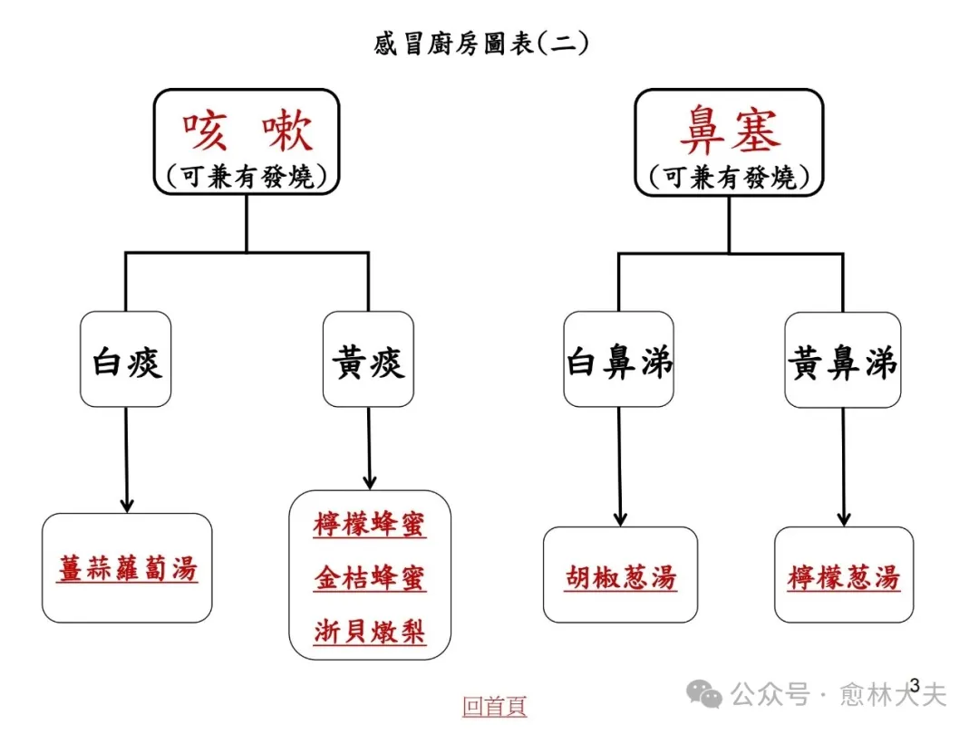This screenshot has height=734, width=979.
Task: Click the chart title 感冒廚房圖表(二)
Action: click(x=481, y=43)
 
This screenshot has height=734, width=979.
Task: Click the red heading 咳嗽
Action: click(x=247, y=132)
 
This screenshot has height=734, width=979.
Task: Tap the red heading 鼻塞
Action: click(x=729, y=132)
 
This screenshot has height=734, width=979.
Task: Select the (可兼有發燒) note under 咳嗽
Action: click(x=247, y=177)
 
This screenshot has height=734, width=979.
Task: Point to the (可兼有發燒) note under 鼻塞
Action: click(x=729, y=177)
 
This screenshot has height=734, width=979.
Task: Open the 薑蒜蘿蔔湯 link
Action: click(x=127, y=569)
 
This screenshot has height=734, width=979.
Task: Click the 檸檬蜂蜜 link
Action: click(x=370, y=526)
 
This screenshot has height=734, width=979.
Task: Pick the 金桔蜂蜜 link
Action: click(x=370, y=578)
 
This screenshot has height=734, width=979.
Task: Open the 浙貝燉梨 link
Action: click(x=370, y=631)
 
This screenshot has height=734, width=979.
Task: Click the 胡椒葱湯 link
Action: click(x=621, y=577)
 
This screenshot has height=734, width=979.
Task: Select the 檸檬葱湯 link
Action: click(x=844, y=577)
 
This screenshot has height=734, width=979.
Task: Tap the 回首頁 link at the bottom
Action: click(x=494, y=706)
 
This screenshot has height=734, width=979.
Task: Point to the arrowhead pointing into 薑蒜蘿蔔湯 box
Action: click(x=127, y=504)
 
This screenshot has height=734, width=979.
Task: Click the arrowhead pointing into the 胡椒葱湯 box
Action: click(x=621, y=518)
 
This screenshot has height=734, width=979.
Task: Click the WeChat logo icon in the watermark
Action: click(x=704, y=695)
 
